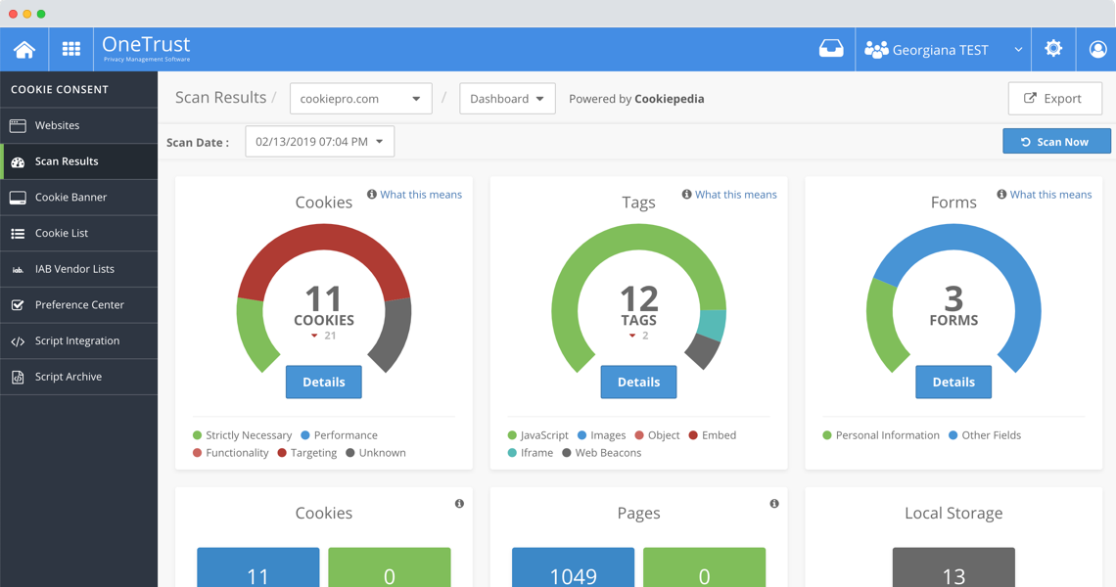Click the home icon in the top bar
point(24,49)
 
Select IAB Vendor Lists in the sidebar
point(74,269)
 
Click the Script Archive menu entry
point(68,377)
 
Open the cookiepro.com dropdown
point(360,99)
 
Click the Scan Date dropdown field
point(319,142)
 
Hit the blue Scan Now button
point(1055,142)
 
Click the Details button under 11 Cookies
point(323,383)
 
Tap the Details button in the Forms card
point(953,383)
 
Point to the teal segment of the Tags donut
point(713,325)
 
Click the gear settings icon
point(1053,49)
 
